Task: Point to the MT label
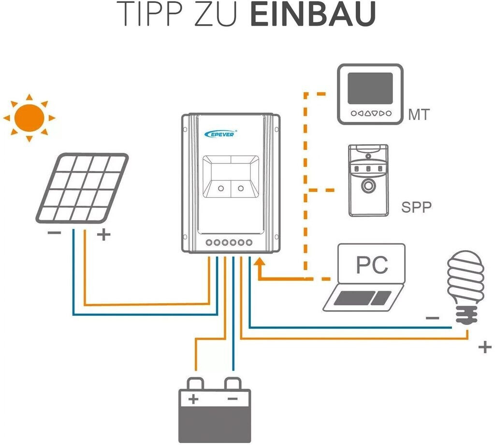click(419, 115)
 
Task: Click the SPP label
click(416, 208)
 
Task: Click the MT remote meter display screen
click(370, 88)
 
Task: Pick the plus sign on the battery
click(194, 400)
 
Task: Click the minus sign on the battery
click(233, 400)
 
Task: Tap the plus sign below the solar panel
click(104, 236)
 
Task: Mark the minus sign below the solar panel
click(54, 233)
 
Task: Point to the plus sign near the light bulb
click(484, 347)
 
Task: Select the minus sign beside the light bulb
click(432, 318)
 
